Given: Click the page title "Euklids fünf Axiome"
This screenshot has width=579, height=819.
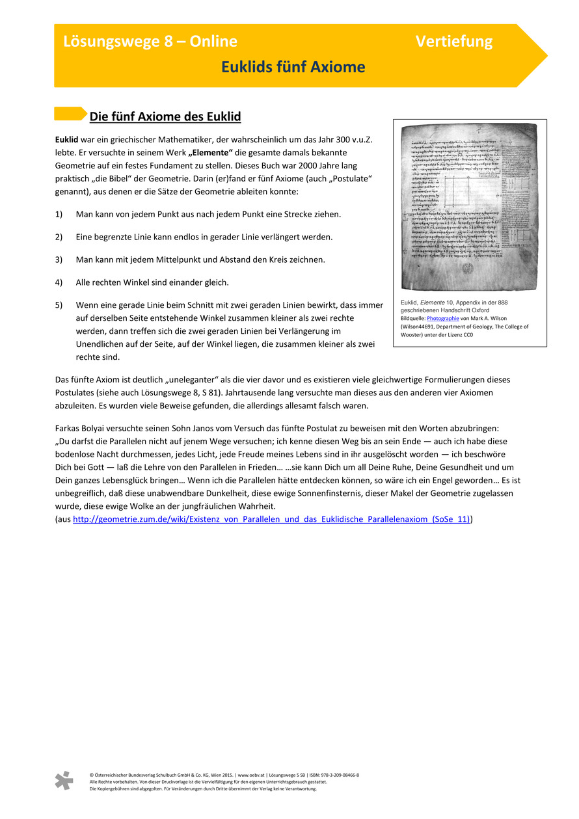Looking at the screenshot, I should pyautogui.click(x=293, y=67).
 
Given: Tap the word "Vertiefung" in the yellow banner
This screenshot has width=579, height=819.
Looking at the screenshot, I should pyautogui.click(x=454, y=42).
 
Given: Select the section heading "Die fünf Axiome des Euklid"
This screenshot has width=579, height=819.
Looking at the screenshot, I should pyautogui.click(x=165, y=117).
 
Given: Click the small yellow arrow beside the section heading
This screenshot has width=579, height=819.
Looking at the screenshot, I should pyautogui.click(x=70, y=114).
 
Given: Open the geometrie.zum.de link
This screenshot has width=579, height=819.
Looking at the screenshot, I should pyautogui.click(x=271, y=519).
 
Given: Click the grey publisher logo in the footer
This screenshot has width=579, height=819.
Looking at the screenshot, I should pyautogui.click(x=64, y=780).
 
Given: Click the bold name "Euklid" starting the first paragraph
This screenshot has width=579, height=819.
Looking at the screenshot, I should pyautogui.click(x=67, y=140).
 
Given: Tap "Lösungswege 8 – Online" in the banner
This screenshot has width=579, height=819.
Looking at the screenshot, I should pyautogui.click(x=150, y=42).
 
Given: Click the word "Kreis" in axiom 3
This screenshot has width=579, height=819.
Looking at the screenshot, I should pyautogui.click(x=297, y=260).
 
